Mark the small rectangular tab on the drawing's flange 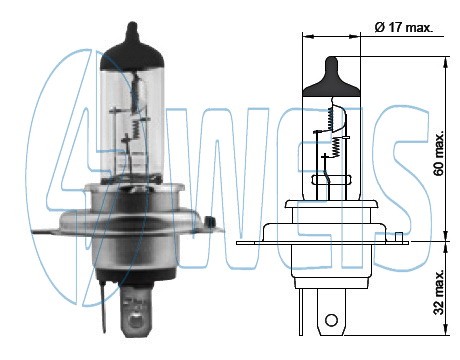(x=400, y=237)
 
